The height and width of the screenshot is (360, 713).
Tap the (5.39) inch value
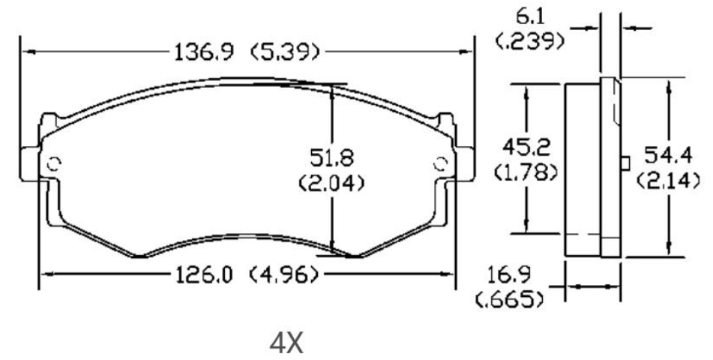click(286, 52)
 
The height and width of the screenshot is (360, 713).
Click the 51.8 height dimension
click(331, 159)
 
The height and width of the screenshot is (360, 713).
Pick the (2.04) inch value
click(331, 181)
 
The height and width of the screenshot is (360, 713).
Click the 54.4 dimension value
click(668, 157)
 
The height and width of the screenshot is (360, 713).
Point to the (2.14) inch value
click(667, 180)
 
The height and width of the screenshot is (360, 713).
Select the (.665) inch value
click(511, 301)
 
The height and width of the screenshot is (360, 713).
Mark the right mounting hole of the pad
click(441, 163)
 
